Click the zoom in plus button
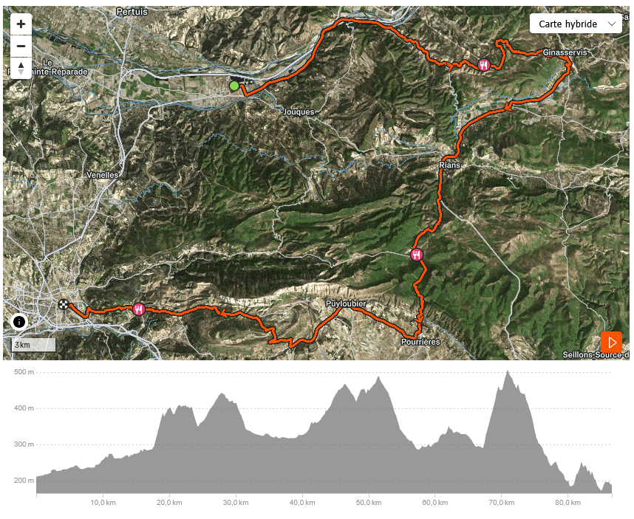pyautogui.click(x=21, y=24)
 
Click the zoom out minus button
pyautogui.click(x=21, y=46)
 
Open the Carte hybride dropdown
pyautogui.click(x=576, y=24)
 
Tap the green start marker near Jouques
pyautogui.click(x=234, y=86)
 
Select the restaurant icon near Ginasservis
pyautogui.click(x=484, y=65)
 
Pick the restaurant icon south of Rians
pyautogui.click(x=417, y=255)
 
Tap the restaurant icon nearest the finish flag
pyautogui.click(x=139, y=309)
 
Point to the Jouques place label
pyautogui.click(x=299, y=112)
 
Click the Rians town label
pyautogui.click(x=449, y=165)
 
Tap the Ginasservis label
pyautogui.click(x=565, y=53)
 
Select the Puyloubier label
pyautogui.click(x=346, y=304)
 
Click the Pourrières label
pyautogui.click(x=420, y=342)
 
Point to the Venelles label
pyautogui.click(x=102, y=176)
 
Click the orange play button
pyautogui.click(x=611, y=343)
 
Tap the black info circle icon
pyautogui.click(x=19, y=322)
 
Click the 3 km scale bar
pyautogui.click(x=33, y=345)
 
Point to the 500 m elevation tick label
pyautogui.click(x=24, y=371)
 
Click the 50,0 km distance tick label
pyautogui.click(x=368, y=503)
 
